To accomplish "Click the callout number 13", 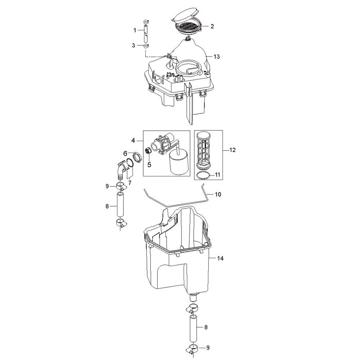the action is pos(216,57).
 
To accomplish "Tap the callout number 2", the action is pos(212,26).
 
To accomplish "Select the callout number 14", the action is pos(220,258).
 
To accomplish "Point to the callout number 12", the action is pos(232,150).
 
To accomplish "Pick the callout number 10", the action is pos(218,194).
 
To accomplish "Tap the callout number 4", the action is pos(134,140).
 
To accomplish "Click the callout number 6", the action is pos(125,153).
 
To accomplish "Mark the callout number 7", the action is pos(130,183).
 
